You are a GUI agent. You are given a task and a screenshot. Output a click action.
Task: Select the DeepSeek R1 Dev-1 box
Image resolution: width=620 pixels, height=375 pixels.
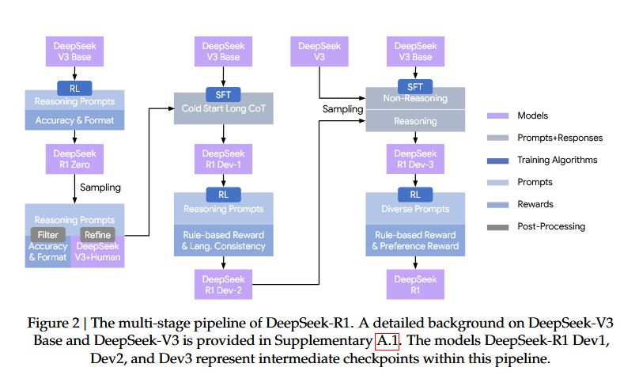click(223, 158)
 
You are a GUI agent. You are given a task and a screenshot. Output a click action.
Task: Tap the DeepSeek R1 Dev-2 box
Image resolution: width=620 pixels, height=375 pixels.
click(224, 285)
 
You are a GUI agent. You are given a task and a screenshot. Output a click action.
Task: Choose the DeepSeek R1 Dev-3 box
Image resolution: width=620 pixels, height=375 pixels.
click(415, 158)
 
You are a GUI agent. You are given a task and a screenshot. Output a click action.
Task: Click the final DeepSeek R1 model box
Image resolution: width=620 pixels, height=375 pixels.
click(415, 285)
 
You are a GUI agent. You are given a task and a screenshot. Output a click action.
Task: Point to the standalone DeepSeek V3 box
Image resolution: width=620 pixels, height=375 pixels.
click(319, 51)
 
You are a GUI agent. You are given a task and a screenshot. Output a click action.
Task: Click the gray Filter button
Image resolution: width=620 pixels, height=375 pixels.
click(47, 234)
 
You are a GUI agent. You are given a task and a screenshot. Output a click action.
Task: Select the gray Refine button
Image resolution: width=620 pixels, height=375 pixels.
click(97, 234)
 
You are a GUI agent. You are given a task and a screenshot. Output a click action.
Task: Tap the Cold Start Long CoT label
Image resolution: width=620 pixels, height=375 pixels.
click(223, 108)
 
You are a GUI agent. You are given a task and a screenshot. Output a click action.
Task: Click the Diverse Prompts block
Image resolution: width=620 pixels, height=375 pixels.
click(415, 210)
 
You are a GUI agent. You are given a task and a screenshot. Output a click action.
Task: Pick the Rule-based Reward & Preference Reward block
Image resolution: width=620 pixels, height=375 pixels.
click(415, 240)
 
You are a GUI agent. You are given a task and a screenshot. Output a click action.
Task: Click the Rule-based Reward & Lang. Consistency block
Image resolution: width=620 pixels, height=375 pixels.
click(224, 240)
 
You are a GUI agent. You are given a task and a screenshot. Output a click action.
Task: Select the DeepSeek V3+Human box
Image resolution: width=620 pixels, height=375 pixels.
click(98, 252)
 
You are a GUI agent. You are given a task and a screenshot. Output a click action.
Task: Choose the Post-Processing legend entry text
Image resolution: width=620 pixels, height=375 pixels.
click(551, 226)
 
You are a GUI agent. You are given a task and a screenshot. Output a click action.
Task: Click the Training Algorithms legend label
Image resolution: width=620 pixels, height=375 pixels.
click(558, 160)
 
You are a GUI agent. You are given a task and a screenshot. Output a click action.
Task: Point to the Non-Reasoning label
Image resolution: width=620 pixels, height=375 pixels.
click(415, 99)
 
